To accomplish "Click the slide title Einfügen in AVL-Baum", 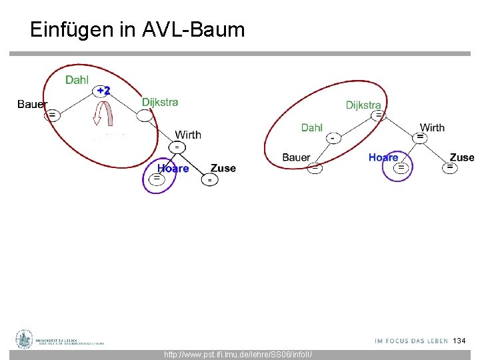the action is (137, 29).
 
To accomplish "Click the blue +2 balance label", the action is (103, 90).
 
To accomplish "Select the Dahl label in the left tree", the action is (77, 80).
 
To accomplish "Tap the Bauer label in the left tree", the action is (32, 104).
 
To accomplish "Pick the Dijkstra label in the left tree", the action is (160, 102).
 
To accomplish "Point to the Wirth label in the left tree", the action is (188, 135).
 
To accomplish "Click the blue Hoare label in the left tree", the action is (173, 169).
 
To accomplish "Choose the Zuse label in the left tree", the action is (223, 168).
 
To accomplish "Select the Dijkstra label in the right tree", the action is (363, 105).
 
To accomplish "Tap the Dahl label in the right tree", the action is (311, 127).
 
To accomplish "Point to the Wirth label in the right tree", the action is (432, 127).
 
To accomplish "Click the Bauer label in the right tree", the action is (296, 157).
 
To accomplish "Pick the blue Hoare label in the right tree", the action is (383, 157).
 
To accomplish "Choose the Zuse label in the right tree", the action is (462, 157).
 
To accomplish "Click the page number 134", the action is (459, 341).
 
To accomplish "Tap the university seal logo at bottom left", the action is (25, 339).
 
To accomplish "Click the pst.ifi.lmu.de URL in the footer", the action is (238, 355).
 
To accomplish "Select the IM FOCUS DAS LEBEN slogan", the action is (411, 341).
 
